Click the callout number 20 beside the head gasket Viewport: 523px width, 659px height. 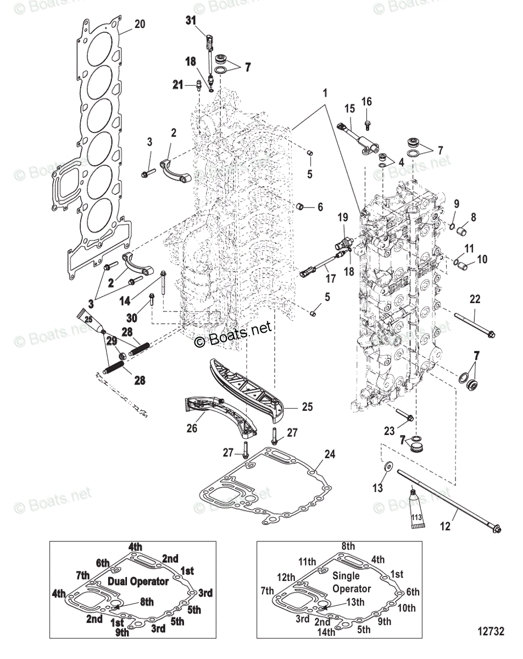[140, 24]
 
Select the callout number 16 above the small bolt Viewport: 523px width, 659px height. [366, 102]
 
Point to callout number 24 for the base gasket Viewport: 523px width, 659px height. [329, 455]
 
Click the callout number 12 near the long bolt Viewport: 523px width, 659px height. [445, 526]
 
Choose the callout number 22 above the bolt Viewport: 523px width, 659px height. [475, 299]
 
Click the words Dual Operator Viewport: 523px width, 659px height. [138, 581]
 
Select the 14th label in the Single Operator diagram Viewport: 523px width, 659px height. [326, 632]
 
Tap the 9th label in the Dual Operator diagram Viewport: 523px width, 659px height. [122, 632]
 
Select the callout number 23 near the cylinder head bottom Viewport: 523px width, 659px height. [389, 431]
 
